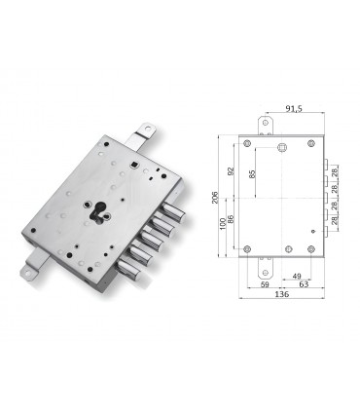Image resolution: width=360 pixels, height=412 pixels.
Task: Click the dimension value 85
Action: point(252,175)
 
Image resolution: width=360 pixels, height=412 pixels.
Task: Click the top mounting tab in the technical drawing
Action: point(264,125)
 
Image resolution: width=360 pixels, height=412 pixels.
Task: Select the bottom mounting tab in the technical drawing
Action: point(264,268)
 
